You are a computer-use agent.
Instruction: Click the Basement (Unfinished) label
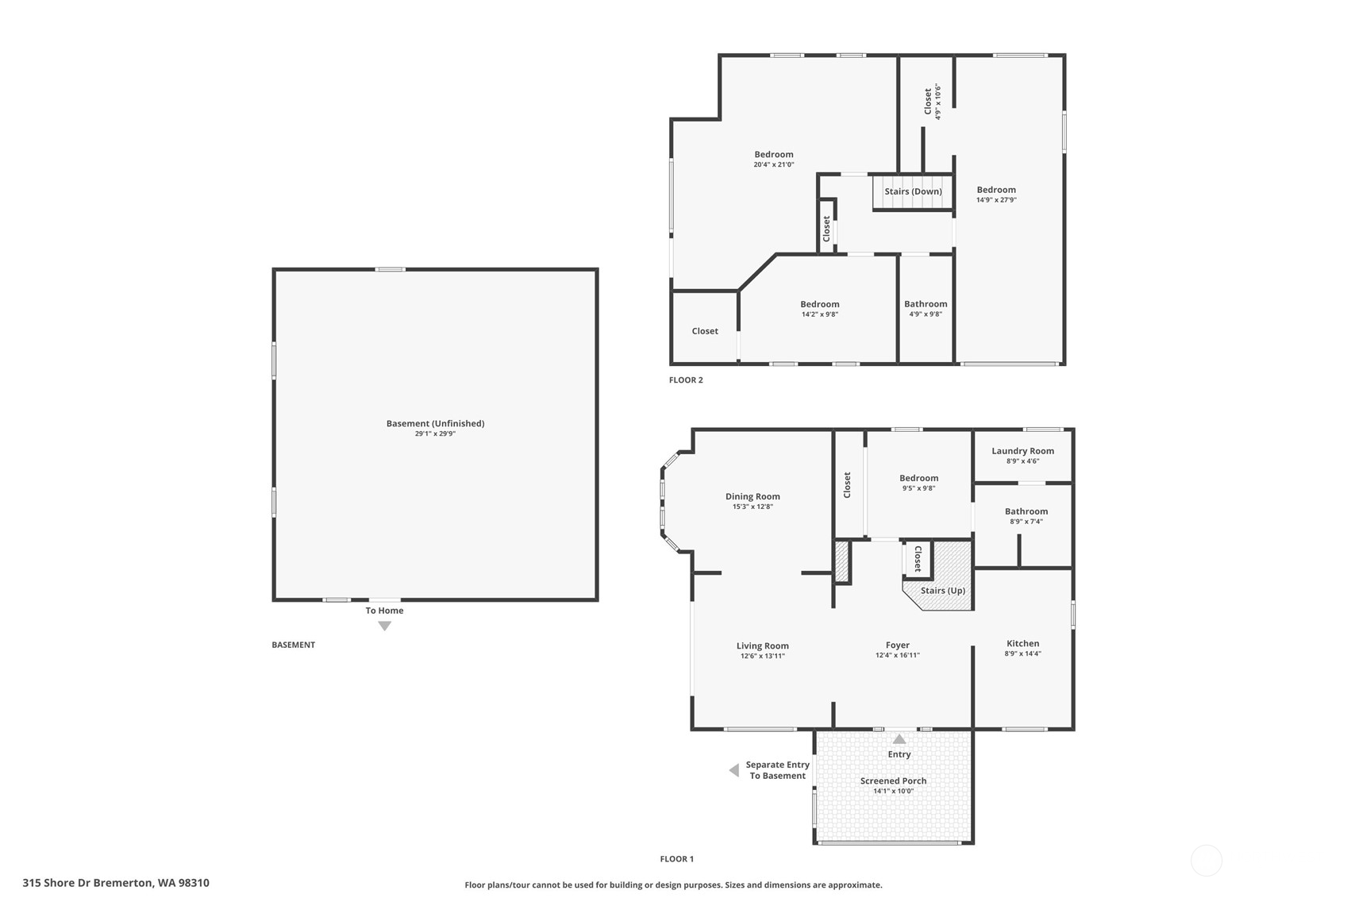point(435,423)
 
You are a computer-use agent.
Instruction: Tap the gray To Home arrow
point(384,626)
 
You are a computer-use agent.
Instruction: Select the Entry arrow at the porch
point(899,738)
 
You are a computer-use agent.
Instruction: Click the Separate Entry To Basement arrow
point(734,770)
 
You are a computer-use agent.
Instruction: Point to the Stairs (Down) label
point(913,191)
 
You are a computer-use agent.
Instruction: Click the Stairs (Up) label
point(942,591)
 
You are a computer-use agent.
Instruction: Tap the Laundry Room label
point(1022,451)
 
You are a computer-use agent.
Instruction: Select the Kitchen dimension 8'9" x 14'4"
point(1022,653)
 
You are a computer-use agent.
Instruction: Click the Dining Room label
point(752,496)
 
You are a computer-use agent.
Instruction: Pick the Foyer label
point(898,645)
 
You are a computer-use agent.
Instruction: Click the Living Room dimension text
point(762,656)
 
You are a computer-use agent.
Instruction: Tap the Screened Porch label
point(893,780)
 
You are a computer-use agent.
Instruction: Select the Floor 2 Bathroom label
point(926,304)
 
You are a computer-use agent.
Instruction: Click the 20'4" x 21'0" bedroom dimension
point(774,164)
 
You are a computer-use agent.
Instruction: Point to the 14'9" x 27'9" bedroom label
point(996,190)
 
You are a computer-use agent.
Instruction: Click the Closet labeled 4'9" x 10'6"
point(928,101)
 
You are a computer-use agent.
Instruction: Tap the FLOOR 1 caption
point(676,858)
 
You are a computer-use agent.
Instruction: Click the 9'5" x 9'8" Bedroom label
point(918,478)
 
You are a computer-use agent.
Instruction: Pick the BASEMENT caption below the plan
point(293,645)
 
